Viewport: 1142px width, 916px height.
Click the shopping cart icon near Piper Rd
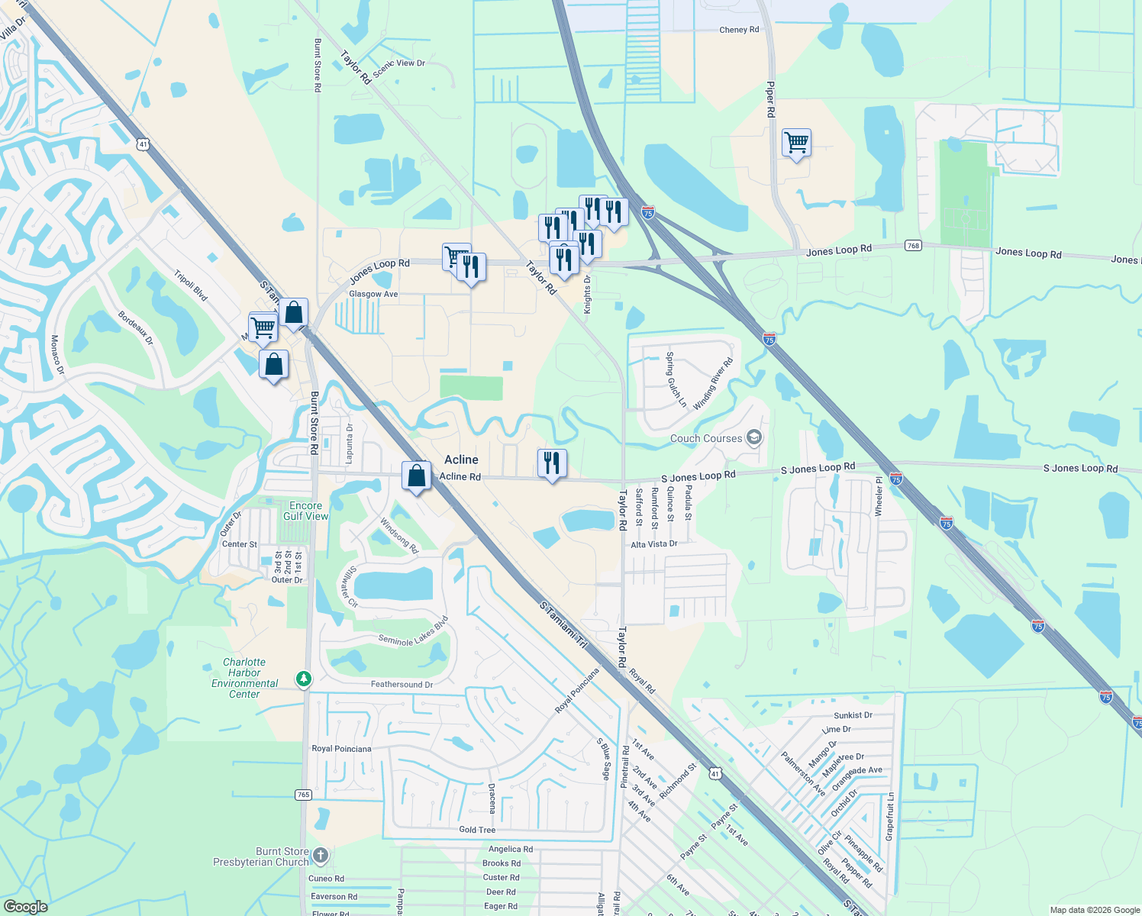[796, 142]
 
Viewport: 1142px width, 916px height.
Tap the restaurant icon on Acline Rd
[551, 463]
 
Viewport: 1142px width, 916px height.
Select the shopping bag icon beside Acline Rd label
[416, 476]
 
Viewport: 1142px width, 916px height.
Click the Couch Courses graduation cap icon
[754, 437]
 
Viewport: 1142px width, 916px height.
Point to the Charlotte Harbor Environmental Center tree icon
[304, 679]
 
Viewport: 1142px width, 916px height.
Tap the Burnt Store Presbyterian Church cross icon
[321, 856]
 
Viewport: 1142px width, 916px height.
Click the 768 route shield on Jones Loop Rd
[913, 246]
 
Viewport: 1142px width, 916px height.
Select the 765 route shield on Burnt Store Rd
[303, 795]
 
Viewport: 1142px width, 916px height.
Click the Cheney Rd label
[739, 30]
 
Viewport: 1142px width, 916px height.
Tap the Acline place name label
[461, 460]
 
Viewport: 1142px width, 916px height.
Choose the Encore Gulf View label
[305, 511]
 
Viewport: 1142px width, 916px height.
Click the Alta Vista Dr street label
[653, 544]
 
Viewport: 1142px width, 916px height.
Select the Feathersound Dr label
[402, 685]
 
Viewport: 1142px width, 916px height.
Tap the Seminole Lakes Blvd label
[413, 632]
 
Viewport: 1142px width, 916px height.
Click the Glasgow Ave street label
[373, 294]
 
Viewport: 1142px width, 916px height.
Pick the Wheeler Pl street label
[879, 495]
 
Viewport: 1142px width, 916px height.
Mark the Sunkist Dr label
[853, 715]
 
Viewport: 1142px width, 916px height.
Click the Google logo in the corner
[25, 906]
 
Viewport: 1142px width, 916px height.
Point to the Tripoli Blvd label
[190, 285]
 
